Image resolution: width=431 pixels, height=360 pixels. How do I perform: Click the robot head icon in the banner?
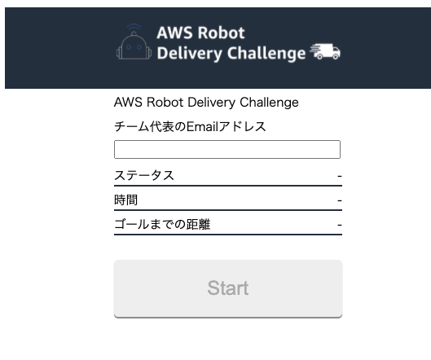coord(134,45)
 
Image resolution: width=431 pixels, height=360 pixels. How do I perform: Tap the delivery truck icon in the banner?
coord(325,51)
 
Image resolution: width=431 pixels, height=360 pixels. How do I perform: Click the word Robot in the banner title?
coord(222,33)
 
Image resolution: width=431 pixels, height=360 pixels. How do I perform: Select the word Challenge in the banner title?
coord(266,53)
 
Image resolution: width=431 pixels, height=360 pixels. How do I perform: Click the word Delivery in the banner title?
coord(189,53)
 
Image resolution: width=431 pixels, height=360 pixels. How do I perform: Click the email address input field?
coord(227,150)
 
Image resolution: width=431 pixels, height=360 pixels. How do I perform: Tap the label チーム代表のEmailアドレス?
coord(190,127)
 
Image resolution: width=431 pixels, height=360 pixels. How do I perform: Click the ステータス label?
coord(144,175)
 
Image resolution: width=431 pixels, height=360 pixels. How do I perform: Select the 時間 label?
coord(126,200)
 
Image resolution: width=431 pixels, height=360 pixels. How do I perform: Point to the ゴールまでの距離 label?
coord(162,224)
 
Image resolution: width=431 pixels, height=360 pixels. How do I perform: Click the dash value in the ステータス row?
coord(340,176)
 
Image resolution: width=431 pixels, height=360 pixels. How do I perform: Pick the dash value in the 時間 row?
coord(340,200)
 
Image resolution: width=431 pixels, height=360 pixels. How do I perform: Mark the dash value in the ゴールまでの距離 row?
coord(340,225)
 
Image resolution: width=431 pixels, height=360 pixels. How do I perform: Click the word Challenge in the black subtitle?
coord(269,103)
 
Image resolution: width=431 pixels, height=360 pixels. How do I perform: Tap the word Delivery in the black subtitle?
coord(211,103)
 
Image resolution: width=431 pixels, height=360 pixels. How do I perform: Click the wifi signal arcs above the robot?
coord(134,27)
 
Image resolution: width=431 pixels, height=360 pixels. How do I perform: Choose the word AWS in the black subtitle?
coord(128,102)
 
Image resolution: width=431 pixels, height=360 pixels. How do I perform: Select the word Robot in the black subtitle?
coord(165,102)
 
